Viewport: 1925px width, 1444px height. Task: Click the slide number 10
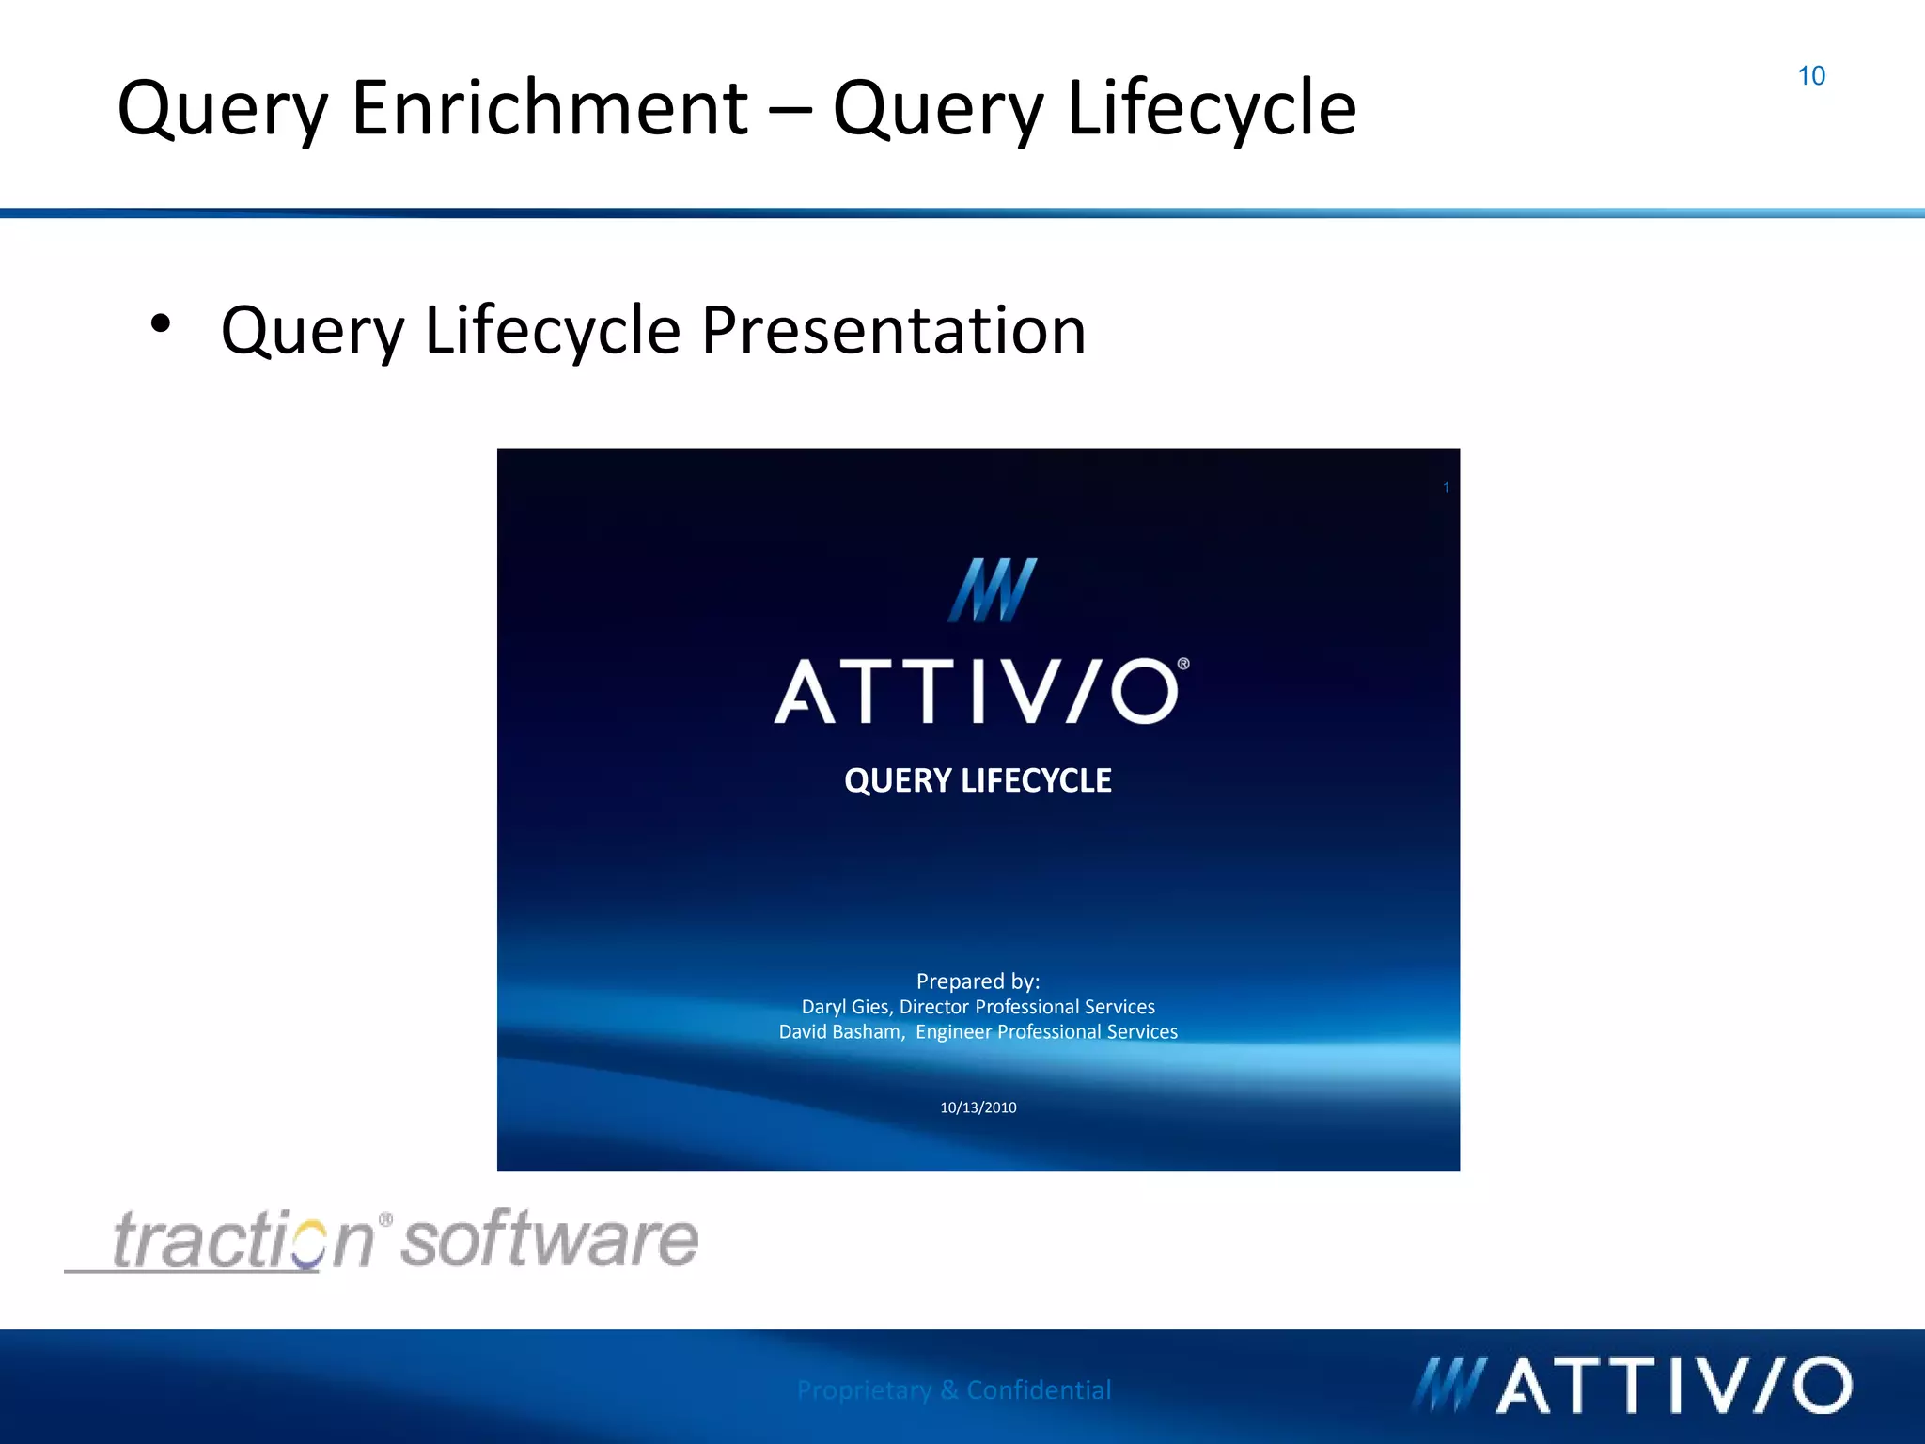click(1810, 76)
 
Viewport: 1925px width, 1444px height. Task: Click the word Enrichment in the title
click(550, 108)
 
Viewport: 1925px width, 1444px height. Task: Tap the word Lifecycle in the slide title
click(1212, 108)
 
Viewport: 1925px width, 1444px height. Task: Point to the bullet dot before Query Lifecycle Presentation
click(161, 323)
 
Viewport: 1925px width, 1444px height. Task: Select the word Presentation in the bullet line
click(893, 331)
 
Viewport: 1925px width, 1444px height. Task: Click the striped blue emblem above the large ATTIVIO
click(993, 590)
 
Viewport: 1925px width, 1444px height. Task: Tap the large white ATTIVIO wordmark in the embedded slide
click(977, 692)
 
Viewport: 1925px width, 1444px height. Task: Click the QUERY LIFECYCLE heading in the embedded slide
click(978, 780)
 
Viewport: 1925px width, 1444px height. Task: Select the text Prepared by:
click(978, 981)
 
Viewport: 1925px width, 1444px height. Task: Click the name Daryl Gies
click(844, 1007)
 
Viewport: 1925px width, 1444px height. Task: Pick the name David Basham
click(839, 1032)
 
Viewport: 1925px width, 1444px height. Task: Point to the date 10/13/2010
click(978, 1107)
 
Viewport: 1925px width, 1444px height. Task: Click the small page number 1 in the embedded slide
click(1446, 487)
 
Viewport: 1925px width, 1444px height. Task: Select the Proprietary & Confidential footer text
click(953, 1389)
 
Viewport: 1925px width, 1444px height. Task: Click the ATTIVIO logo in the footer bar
click(1632, 1385)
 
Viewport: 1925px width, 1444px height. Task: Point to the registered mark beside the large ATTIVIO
click(1183, 664)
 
